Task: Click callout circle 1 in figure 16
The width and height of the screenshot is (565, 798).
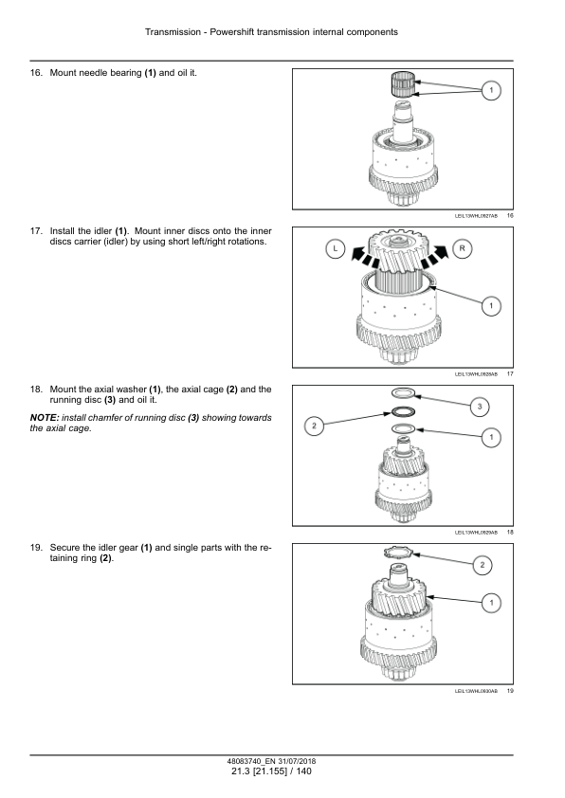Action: [x=491, y=90]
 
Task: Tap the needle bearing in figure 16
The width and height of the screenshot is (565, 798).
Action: [x=406, y=84]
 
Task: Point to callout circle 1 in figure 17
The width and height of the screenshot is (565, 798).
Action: [x=491, y=305]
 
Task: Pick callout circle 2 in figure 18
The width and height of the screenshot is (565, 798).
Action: [x=314, y=426]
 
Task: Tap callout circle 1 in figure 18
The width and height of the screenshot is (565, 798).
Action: [x=491, y=436]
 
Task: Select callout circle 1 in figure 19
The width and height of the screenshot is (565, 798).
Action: [x=491, y=602]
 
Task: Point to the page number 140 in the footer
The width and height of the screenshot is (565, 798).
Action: [x=303, y=771]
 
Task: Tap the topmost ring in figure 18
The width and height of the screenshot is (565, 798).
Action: [x=403, y=392]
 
